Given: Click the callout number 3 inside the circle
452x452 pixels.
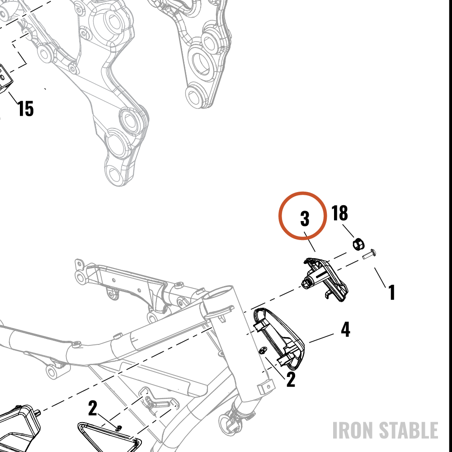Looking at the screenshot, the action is [305, 218].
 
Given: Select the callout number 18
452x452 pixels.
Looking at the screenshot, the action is [339, 213].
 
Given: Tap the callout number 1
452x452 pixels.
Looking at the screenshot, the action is [392, 292].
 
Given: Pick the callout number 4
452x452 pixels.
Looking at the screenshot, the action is [345, 330].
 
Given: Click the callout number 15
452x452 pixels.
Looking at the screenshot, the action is [26, 108].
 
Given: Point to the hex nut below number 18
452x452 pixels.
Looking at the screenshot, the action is [358, 244].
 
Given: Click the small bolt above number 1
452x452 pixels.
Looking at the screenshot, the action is [369, 254].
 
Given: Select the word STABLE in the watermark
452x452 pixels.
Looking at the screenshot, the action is [409, 430].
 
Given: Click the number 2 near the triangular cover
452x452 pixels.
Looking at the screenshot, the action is [291, 379].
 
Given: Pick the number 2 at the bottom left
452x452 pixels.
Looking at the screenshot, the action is [92, 408].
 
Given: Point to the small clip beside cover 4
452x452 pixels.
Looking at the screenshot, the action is [262, 350].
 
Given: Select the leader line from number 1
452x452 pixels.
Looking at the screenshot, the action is [380, 278].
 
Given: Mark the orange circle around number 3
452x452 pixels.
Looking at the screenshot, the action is [303, 192].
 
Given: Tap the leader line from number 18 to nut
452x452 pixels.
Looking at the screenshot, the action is [348, 231].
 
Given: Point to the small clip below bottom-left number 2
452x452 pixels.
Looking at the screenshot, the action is [118, 428].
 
